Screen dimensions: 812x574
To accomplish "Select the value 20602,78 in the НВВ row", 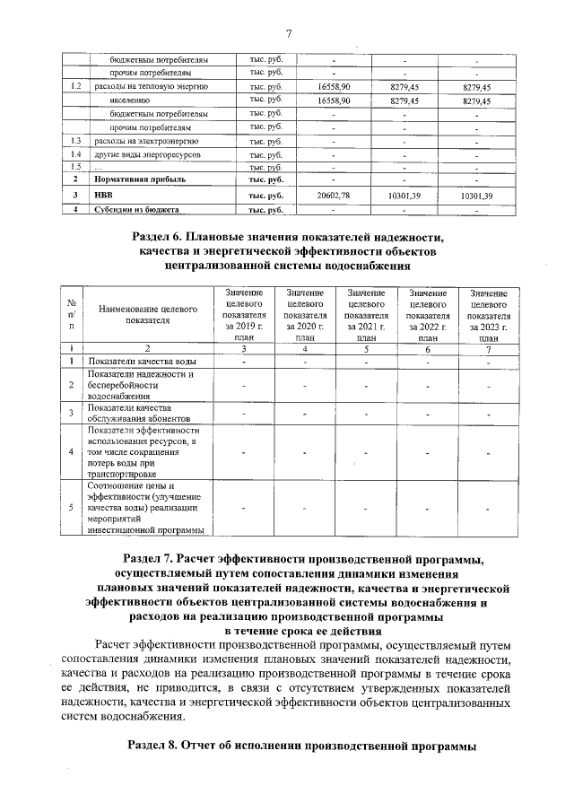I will point(332,195).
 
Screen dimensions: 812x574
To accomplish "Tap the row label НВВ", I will point(104,195).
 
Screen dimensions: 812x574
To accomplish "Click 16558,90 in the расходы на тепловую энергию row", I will point(332,87).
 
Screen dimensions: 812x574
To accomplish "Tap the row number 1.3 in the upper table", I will point(76,142).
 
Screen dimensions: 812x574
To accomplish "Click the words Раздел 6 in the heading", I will point(162,236).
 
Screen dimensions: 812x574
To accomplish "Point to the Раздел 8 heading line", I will point(301,746).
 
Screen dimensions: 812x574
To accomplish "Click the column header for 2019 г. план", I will point(244,316).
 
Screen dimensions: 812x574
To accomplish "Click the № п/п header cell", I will point(71,314).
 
